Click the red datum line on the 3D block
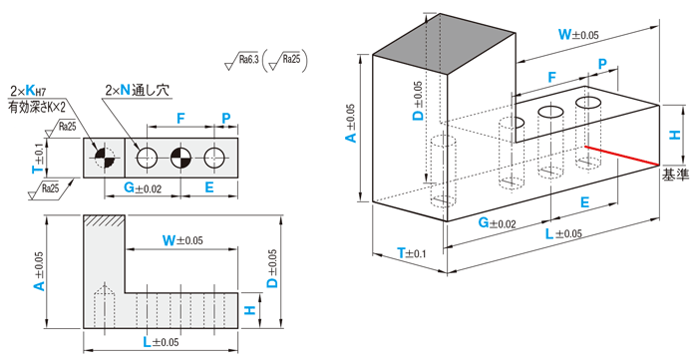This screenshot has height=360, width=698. [622, 156]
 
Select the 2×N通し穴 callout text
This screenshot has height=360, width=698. [138, 91]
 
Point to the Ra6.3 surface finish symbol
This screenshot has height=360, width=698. [241, 62]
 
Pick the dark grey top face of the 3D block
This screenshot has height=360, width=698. [444, 43]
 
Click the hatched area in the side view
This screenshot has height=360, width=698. [104, 220]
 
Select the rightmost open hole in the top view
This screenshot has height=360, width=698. [214, 158]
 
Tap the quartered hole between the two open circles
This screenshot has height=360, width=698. [180, 158]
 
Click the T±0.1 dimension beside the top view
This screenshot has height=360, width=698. [39, 158]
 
